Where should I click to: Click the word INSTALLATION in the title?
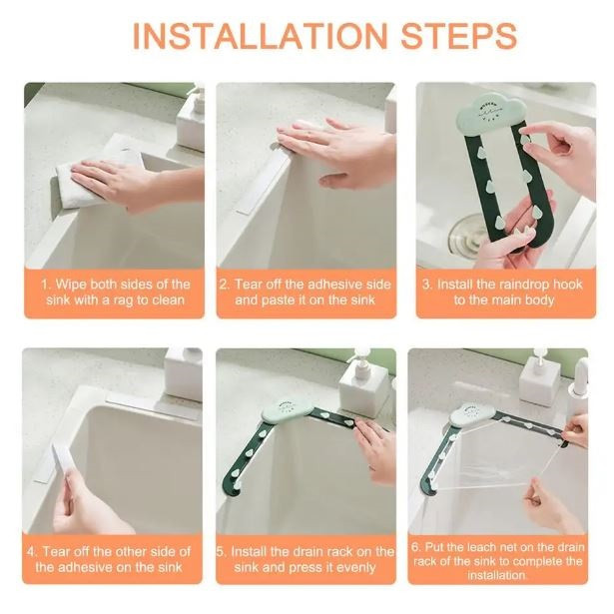260,36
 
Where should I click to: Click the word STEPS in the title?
459,36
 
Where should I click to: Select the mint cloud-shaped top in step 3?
491,113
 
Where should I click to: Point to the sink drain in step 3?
468,235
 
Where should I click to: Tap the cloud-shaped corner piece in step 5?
287,411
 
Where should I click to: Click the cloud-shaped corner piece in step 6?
472,414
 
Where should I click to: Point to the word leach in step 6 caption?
479,547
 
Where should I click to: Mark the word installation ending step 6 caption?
496,575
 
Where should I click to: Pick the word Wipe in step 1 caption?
71,285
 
